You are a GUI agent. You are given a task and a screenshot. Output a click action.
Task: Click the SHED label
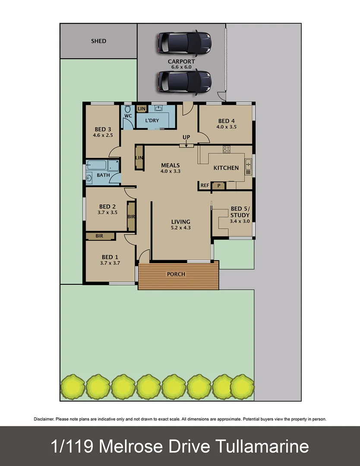tap(98, 41)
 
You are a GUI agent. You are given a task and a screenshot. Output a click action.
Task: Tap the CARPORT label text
tap(181, 62)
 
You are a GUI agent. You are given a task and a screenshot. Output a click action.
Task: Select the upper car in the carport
tap(184, 42)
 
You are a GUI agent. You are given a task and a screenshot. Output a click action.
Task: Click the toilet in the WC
tap(128, 110)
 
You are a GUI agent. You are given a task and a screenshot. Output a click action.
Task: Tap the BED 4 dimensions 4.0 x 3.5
tap(227, 127)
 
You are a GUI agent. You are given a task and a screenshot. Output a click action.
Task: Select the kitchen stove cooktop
tap(226, 149)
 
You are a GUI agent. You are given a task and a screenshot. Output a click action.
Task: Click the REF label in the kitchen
tap(205, 186)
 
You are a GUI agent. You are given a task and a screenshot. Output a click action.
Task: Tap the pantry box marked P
tap(219, 186)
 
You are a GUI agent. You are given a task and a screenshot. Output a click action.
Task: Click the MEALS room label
tap(170, 165)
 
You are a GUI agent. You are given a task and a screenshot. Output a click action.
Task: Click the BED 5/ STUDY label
tap(239, 211)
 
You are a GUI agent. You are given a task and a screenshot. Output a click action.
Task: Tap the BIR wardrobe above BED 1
tap(100, 236)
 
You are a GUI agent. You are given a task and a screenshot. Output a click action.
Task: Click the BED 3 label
tap(103, 129)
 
